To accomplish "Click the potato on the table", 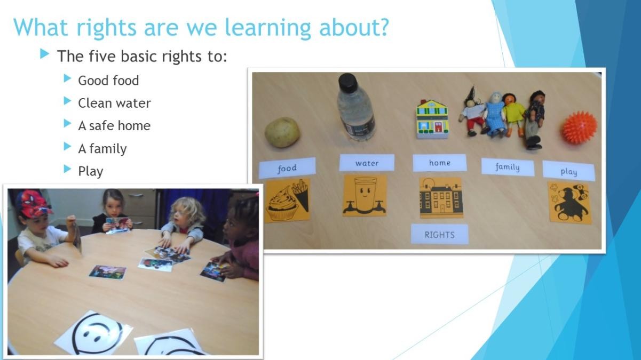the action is point(282,132).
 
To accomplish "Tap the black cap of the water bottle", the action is point(347,81).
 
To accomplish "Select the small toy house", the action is point(432,119).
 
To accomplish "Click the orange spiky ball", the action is point(579,127).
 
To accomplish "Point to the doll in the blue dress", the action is point(494,114).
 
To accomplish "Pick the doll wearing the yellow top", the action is point(514,114).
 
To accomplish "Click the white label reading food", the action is point(287,168).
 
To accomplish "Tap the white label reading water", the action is point(367,163).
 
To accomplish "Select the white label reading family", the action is point(508,167).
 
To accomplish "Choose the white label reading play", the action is point(568,171).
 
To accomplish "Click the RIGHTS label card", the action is point(440,234).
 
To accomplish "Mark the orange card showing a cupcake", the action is point(287,200).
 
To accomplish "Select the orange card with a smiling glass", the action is point(365,196).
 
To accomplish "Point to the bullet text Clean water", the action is point(114,103).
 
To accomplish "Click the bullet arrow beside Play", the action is point(67,169).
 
